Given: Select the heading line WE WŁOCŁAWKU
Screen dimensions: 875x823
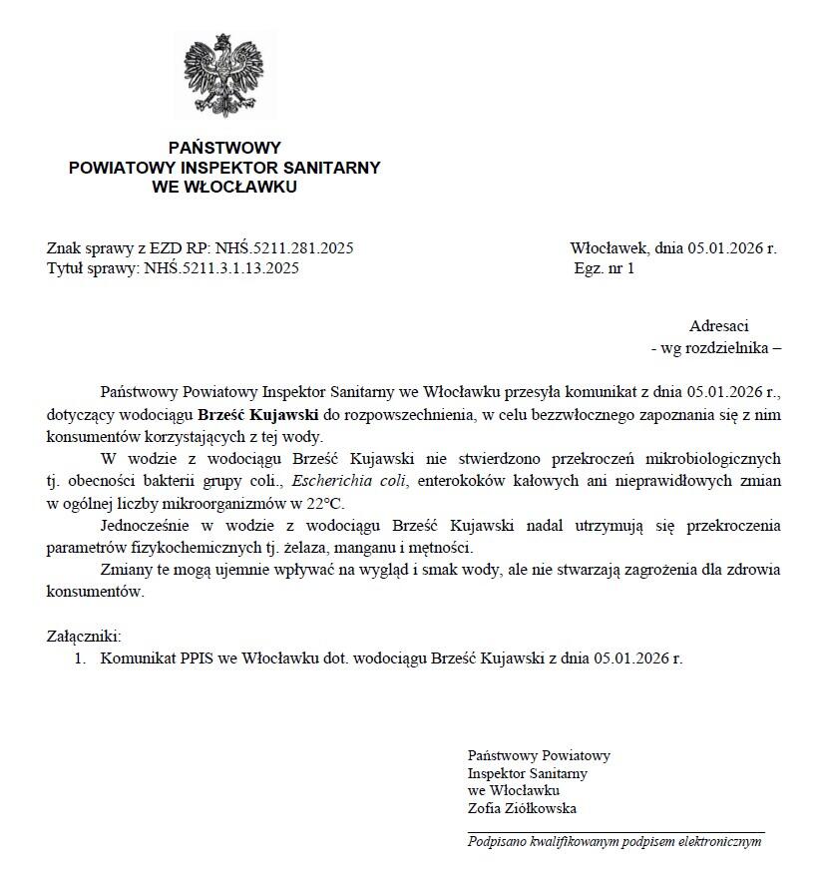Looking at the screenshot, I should coord(224,187).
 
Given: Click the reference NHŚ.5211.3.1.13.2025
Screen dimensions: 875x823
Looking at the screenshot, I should coord(221,267).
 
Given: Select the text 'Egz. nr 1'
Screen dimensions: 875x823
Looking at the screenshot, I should coord(604,267).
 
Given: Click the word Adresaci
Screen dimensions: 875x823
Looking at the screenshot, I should coord(718,326).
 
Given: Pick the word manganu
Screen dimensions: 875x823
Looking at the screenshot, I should coord(365,548).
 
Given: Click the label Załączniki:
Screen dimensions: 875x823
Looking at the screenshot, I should coord(84,636).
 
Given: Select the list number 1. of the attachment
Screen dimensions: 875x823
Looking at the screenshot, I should coord(80,658).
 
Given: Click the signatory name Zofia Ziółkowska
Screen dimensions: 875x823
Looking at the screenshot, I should coord(522,809).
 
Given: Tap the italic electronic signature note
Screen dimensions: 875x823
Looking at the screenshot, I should coord(615,841).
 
